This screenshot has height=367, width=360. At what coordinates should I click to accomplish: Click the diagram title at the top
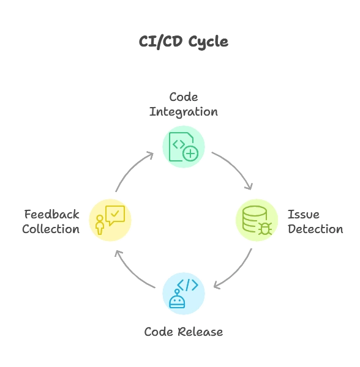click(183, 41)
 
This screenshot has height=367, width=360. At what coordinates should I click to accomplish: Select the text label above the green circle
click(183, 104)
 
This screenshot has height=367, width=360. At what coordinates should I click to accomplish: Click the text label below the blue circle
click(183, 332)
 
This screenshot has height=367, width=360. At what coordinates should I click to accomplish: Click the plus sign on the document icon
click(190, 154)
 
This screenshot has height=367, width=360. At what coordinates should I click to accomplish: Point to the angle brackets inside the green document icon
click(179, 144)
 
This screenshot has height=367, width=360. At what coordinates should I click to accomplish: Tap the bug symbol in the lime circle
click(265, 228)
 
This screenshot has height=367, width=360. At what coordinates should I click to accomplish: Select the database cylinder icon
click(254, 218)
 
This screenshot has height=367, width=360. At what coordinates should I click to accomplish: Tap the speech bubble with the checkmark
click(115, 214)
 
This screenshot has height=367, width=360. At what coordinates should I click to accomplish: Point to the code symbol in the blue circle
click(187, 284)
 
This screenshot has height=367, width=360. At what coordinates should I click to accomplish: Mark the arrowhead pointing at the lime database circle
click(249, 185)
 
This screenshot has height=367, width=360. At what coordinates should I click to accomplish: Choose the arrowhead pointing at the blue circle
click(216, 285)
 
